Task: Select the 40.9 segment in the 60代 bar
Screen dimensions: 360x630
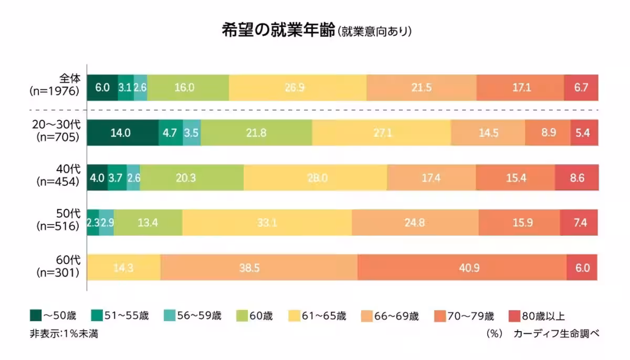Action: coord(461,268)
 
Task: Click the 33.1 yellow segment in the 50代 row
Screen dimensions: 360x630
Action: coord(267,223)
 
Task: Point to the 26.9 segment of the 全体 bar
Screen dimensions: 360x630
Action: coord(297,88)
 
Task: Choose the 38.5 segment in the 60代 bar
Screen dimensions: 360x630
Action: coord(259,268)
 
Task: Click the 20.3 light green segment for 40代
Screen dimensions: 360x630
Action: coord(191,178)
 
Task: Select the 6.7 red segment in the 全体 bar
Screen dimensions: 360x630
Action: coord(581,88)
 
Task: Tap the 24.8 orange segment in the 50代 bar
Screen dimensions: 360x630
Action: coord(415,223)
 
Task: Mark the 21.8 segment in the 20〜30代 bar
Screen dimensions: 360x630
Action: coord(256,133)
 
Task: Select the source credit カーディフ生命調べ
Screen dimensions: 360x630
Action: coord(556,334)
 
